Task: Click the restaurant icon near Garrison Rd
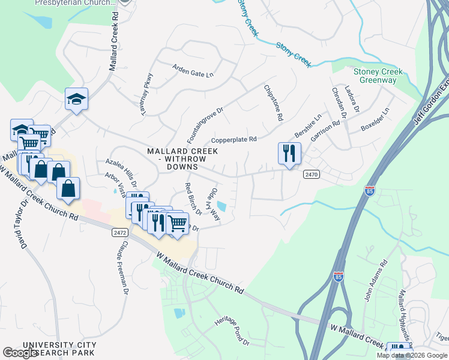click(x=289, y=154)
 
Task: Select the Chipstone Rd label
click(x=273, y=103)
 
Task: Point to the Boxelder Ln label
click(x=375, y=120)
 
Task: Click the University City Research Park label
click(x=59, y=349)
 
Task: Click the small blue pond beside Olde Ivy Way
click(x=222, y=207)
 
